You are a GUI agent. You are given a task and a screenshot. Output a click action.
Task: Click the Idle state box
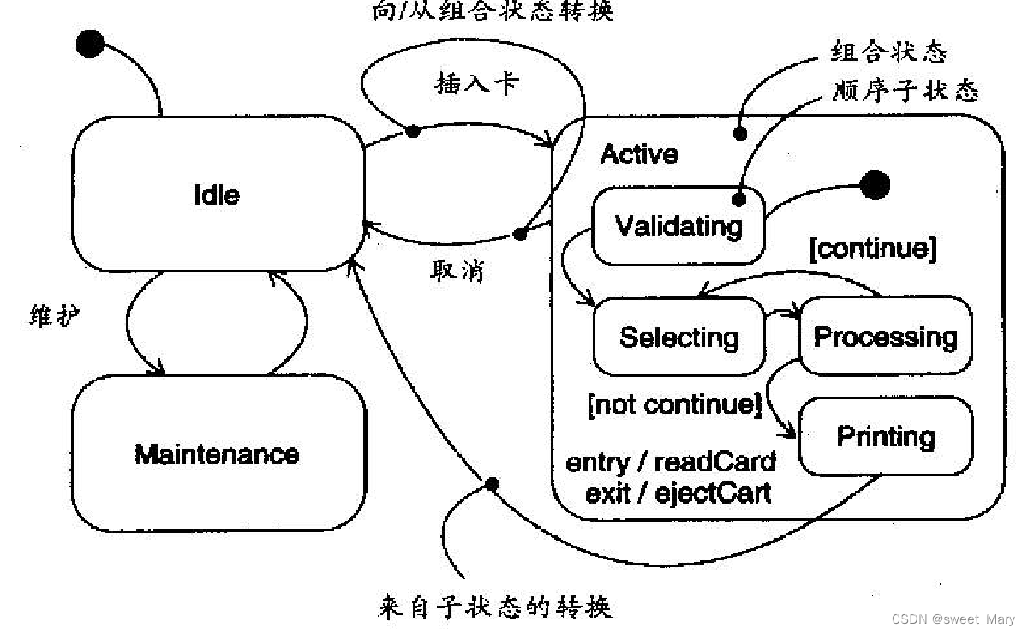(x=217, y=194)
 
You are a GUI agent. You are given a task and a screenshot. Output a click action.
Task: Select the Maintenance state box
(x=218, y=452)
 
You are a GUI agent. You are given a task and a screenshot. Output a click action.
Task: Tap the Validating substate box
(x=678, y=226)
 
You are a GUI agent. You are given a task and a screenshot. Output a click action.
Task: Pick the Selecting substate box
(x=678, y=337)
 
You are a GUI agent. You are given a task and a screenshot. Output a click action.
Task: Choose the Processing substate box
(x=885, y=336)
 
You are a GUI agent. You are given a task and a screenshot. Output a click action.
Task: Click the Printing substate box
(x=886, y=436)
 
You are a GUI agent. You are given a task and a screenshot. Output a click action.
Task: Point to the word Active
(x=639, y=154)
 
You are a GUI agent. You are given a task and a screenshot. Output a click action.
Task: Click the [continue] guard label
(x=873, y=248)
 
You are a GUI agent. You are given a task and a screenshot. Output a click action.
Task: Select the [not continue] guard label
(x=674, y=404)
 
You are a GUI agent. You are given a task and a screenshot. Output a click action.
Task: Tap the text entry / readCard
(x=671, y=462)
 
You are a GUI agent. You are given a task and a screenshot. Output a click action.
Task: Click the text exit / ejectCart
(x=678, y=493)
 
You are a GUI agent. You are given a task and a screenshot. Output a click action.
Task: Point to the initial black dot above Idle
(x=90, y=43)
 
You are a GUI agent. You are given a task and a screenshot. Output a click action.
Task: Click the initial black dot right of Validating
(x=875, y=184)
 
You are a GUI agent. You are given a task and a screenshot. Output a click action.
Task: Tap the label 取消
(x=457, y=271)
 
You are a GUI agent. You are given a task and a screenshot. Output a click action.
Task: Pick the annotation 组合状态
(x=888, y=52)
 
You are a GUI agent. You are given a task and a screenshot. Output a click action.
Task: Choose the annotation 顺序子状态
(x=905, y=90)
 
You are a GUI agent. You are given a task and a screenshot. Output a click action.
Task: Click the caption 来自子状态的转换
(x=495, y=607)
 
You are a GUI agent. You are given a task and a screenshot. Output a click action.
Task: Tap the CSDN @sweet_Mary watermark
(x=953, y=619)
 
